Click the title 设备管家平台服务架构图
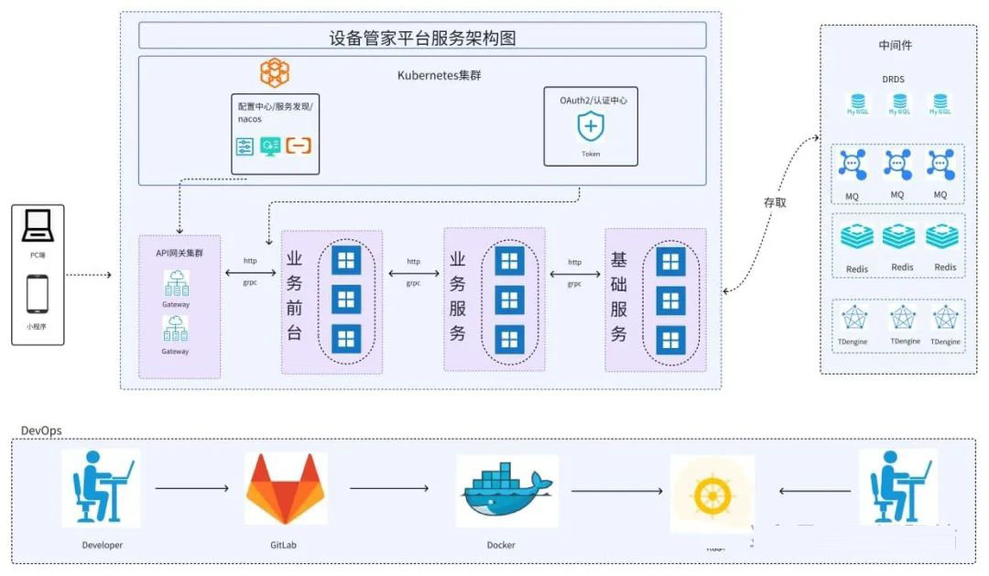coord(422,38)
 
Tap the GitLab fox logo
coord(285,489)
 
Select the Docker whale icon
coord(505,492)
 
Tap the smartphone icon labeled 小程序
coord(38,295)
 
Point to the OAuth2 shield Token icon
coord(591,125)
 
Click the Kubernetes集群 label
coord(440,75)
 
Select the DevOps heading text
coord(41,430)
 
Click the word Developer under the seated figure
coord(102,545)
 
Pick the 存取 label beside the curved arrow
coord(775,201)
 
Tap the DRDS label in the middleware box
coord(893,80)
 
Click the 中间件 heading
coord(895,45)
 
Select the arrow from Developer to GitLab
coord(191,489)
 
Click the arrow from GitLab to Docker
coord(390,488)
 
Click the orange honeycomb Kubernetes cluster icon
coord(274,72)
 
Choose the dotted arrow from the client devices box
coord(90,274)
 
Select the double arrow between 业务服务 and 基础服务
coord(574,273)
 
